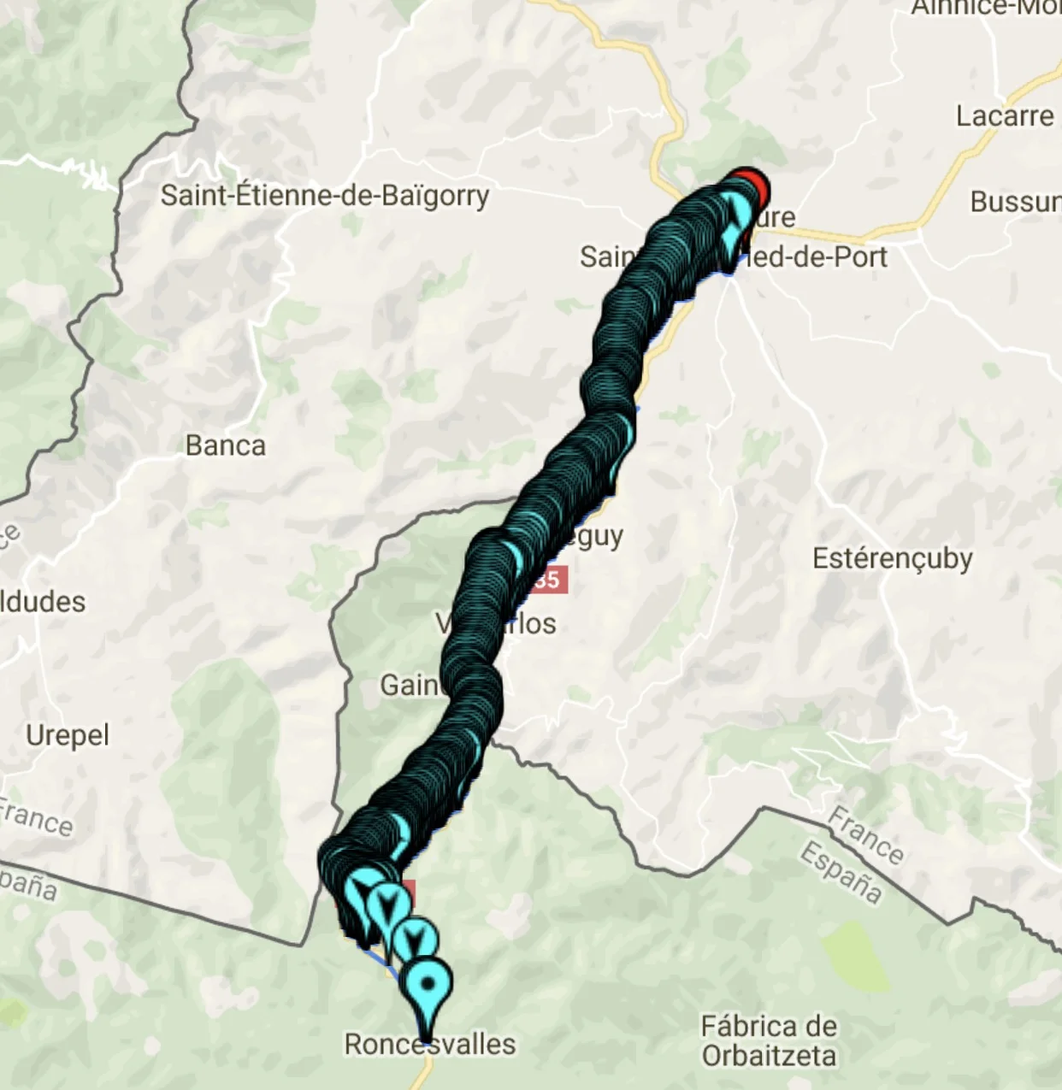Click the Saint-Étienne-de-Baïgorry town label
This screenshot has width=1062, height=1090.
coord(325,196)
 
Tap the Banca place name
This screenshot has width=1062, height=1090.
coord(226,445)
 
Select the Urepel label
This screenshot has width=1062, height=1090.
coord(68,735)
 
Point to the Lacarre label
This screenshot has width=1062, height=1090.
coord(1005,116)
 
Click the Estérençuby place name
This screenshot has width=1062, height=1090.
coord(892,558)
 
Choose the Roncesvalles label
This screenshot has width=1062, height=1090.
coord(430,1044)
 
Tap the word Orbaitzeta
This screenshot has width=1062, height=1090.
coord(769,1056)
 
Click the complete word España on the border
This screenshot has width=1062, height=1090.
coord(841,873)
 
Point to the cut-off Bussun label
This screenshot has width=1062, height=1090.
coord(1016,202)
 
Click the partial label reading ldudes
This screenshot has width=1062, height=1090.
coord(43,602)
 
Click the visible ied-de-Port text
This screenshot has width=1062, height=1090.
coord(817,256)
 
